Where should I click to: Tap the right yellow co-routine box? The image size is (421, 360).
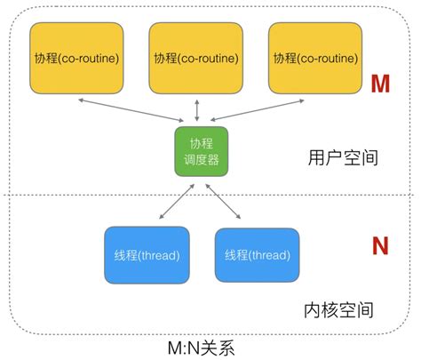314,59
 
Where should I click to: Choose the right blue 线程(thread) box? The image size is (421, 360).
257,255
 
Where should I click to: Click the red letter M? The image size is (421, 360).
381,84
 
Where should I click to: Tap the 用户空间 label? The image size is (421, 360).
341,158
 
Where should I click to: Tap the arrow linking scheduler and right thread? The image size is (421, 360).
226,200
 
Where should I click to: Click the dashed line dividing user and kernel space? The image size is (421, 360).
89,195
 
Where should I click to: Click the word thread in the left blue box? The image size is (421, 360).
160,255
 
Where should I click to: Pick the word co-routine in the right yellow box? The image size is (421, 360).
326,59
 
